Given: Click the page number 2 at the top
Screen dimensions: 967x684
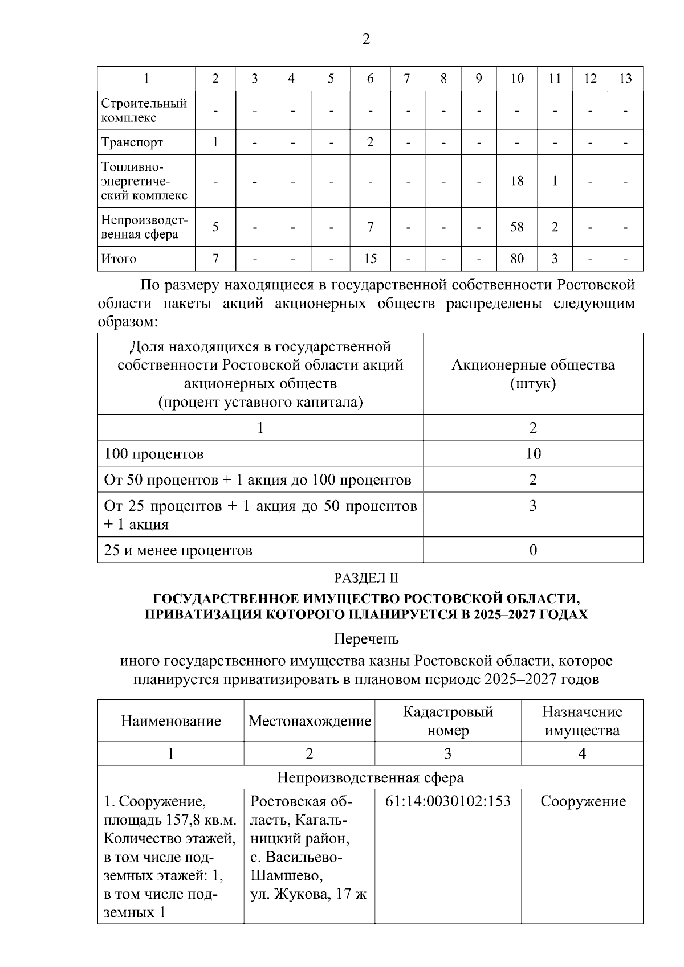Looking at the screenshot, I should pos(365,39).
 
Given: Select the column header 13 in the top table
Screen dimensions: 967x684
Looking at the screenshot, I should pos(625,79).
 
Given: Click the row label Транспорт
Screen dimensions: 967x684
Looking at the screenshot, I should pos(132,142).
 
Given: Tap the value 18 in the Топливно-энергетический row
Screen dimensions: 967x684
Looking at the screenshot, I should pos(517,181).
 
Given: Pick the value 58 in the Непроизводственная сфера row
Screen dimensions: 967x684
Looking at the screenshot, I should pos(517,227).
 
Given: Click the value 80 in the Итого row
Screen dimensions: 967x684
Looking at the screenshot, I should pos(517,259).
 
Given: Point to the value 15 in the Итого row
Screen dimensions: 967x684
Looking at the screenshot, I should pos(370,259).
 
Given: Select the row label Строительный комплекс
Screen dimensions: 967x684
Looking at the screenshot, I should pos(144,110).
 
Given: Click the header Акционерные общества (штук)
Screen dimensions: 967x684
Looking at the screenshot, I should pos(533,374).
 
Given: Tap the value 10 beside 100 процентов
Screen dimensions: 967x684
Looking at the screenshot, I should pos(533,454).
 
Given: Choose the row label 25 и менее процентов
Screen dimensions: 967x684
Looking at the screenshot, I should pos(178,550).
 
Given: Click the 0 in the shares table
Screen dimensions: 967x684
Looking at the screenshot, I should pos(533,550).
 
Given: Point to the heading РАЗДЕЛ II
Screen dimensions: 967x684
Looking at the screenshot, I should pos(365,578).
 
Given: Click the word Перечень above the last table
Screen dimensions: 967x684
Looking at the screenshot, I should pos(365,639).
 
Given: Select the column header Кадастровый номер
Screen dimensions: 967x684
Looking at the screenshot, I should pos(447,721).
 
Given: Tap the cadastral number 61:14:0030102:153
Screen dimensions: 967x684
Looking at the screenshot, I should pos(447,801).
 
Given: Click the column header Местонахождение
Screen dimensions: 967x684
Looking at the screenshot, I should pos(310,721).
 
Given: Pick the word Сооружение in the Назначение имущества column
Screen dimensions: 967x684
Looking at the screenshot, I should pos(583,801).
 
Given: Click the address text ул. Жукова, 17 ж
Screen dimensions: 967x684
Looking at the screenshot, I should pos(308,894).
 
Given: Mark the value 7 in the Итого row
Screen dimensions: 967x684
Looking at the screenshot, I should pos(215,259).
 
